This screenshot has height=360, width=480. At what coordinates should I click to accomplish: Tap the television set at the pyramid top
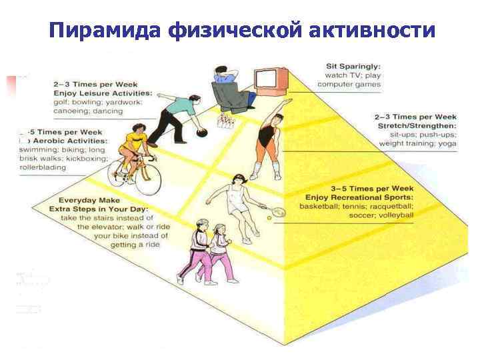pyautogui.click(x=272, y=78)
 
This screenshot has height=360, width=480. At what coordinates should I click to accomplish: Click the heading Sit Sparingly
pyautogui.click(x=353, y=66)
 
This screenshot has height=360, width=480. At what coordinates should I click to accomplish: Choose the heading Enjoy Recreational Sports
pyautogui.click(x=359, y=197)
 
